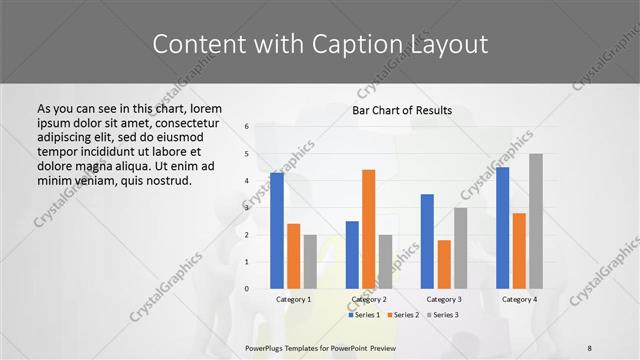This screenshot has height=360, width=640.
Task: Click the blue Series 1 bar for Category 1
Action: point(277,231)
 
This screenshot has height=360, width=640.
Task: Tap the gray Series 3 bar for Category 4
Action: point(535,221)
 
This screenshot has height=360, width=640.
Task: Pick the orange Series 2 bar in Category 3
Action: point(444,264)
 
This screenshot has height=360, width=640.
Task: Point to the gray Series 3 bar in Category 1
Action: point(310,262)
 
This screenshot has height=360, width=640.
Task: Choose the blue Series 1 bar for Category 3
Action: point(427,241)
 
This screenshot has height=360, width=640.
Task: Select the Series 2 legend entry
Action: point(402,315)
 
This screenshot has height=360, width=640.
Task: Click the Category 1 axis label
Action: point(293,299)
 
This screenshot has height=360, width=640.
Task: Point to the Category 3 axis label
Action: point(443,299)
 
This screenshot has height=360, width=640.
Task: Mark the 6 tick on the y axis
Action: point(246,127)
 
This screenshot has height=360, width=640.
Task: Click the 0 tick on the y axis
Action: point(246,289)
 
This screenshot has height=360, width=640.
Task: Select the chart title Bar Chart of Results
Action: point(402,110)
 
